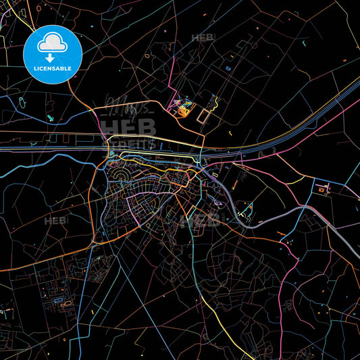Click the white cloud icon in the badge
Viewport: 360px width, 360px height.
coord(52,44)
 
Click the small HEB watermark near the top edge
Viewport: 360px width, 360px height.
coord(203,38)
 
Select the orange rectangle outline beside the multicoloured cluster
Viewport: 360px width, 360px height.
coord(206,115)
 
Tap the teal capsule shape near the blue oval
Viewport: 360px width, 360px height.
coord(51,118)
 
